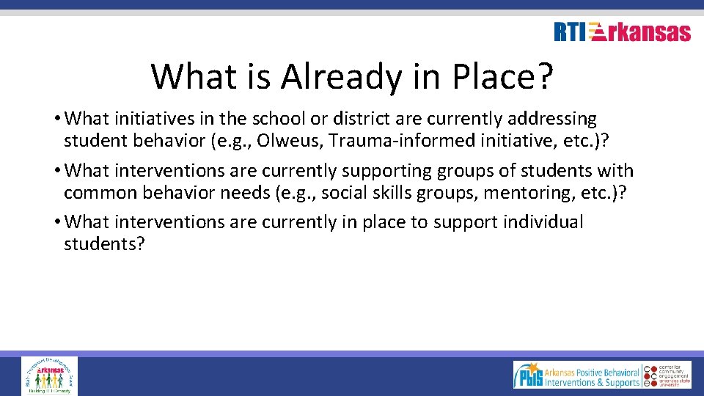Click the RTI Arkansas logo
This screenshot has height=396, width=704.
(622, 32)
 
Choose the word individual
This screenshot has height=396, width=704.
(543, 222)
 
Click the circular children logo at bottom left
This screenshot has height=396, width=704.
(49, 375)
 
